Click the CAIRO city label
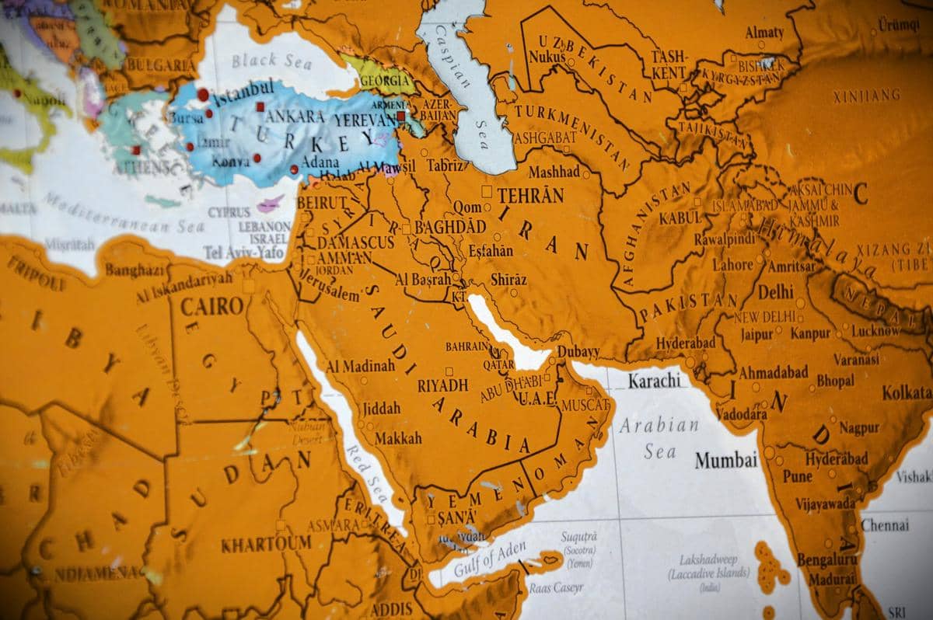pos(212,306)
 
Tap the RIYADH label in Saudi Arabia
pos(442,385)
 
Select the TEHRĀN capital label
pos(530,195)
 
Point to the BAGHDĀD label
pos(450,227)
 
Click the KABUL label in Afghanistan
pos(680,218)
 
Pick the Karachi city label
pos(654,381)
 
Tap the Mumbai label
pos(725,460)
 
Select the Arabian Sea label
pos(659,437)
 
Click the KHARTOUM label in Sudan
pos(266,544)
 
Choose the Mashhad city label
pos(554,172)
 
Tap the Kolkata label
pos(907,393)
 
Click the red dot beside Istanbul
pos(203,94)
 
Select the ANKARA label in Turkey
pos(295,116)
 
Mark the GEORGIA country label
pos(380,80)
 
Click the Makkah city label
pos(398,438)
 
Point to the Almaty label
pos(764,33)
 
